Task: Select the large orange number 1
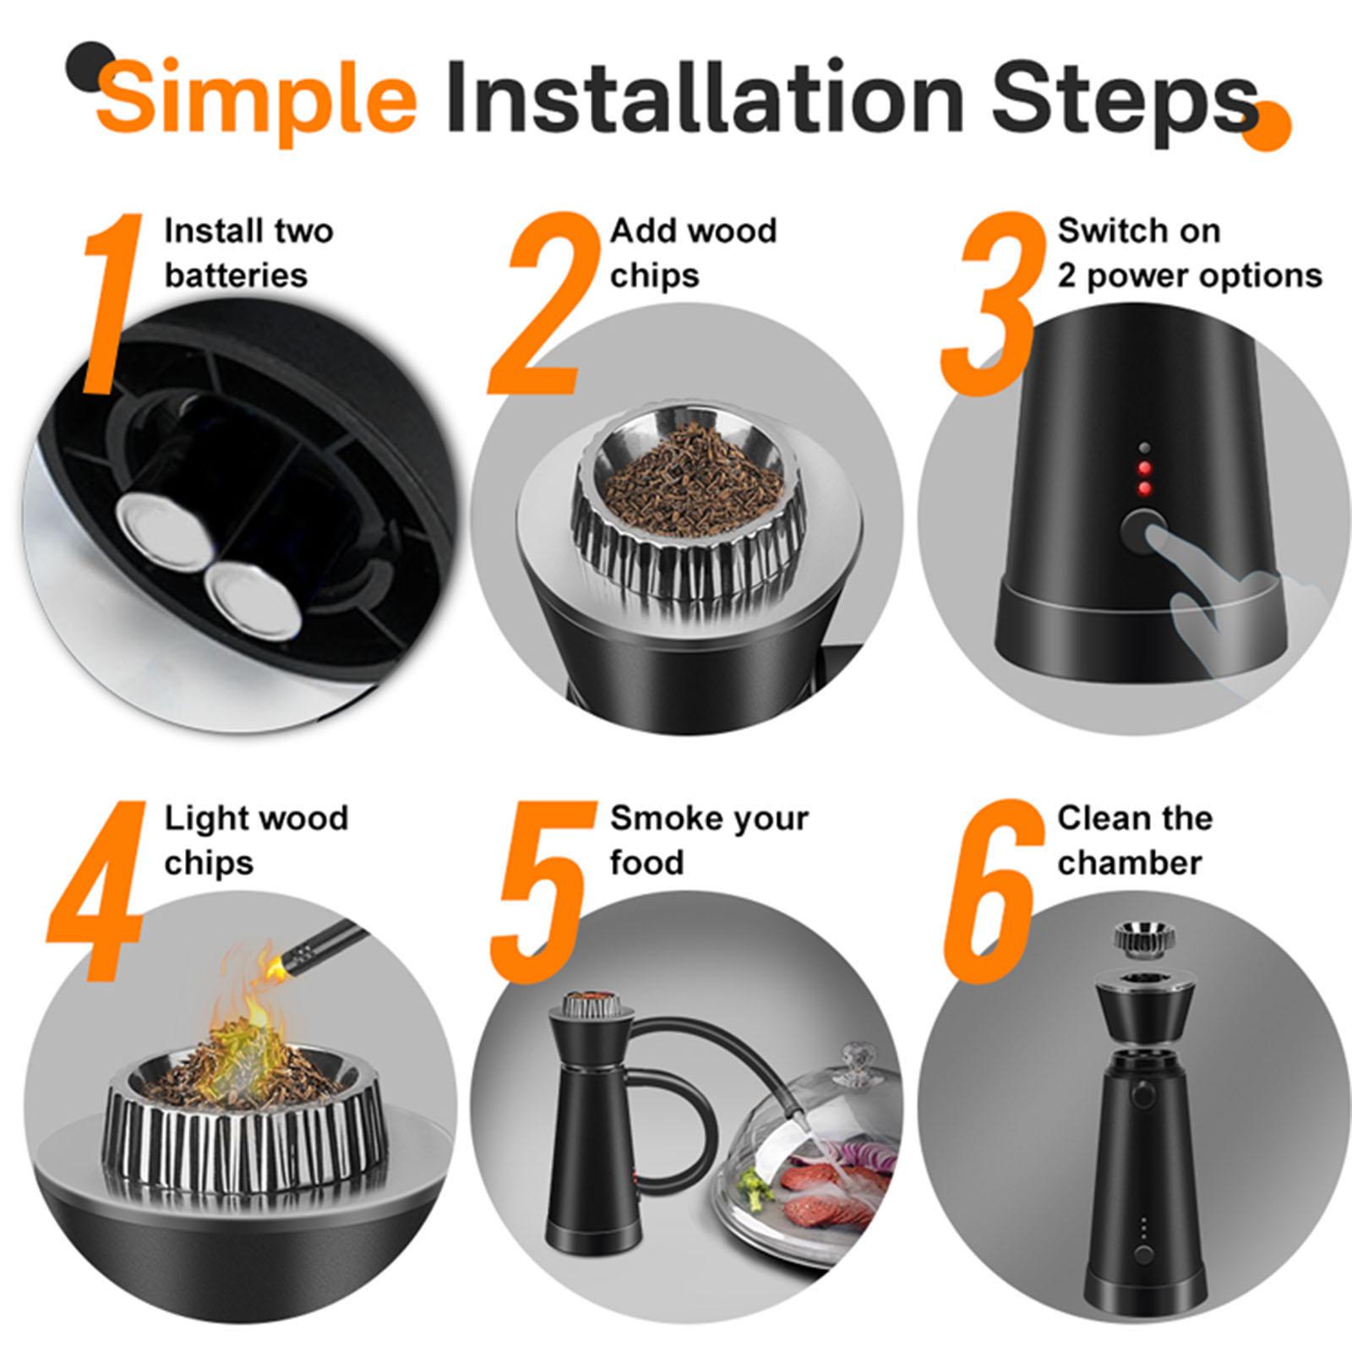(x=115, y=304)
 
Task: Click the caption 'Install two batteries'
(x=249, y=253)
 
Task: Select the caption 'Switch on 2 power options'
(x=1190, y=253)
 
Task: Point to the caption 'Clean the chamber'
(x=1135, y=841)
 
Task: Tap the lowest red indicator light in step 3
(x=1145, y=488)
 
